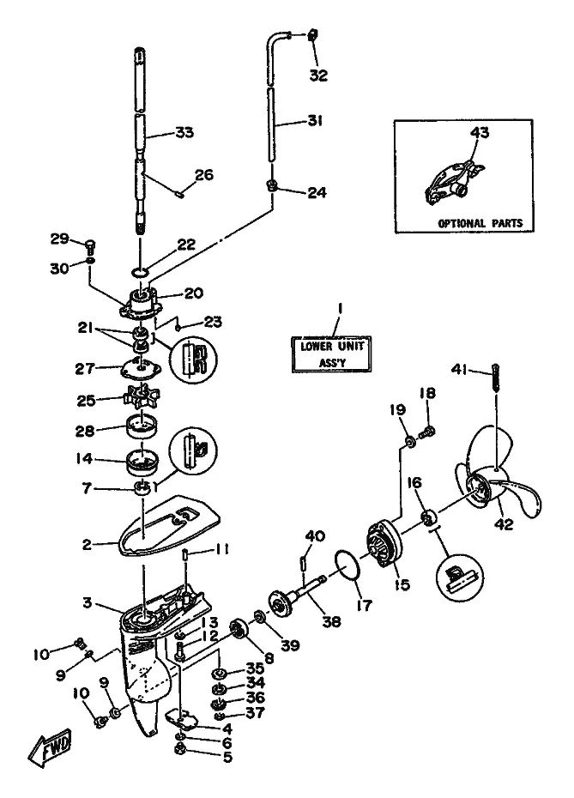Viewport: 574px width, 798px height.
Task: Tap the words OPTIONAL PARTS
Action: (480, 223)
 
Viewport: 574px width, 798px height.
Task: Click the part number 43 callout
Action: (478, 133)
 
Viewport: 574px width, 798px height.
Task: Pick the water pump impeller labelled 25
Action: (137, 400)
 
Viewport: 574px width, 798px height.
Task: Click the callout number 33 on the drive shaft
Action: (184, 133)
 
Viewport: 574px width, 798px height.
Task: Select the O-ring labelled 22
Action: (142, 272)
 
